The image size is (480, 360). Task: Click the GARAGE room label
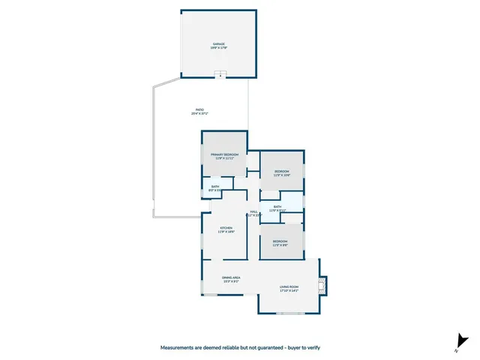219,44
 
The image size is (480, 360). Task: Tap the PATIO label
199,109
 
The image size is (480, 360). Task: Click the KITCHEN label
226,228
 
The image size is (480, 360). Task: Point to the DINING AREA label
231,277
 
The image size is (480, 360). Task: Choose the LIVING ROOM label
289,286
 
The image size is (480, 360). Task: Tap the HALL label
253,211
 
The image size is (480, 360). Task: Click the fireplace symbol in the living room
322,284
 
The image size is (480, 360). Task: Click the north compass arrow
459,342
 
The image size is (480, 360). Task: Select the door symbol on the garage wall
219,74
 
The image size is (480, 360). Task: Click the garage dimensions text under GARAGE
219,48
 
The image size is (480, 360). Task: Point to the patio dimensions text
199,114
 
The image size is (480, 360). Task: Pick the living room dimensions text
289,291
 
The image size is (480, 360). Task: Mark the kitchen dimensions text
226,232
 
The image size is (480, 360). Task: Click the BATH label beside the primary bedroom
215,187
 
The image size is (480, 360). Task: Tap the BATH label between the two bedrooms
277,207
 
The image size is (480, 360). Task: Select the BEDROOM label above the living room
280,241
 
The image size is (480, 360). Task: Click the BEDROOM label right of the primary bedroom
281,172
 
